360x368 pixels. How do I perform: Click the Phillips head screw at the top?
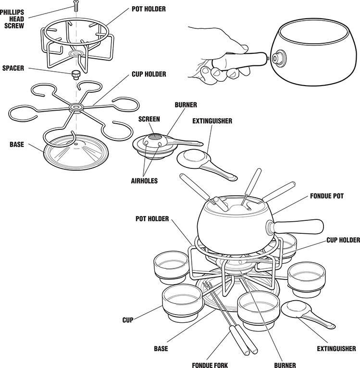[75, 6]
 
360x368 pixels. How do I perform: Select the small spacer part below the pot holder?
[75, 75]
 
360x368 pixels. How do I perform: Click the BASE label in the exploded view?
[17, 144]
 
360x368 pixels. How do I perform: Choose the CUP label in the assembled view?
[128, 319]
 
